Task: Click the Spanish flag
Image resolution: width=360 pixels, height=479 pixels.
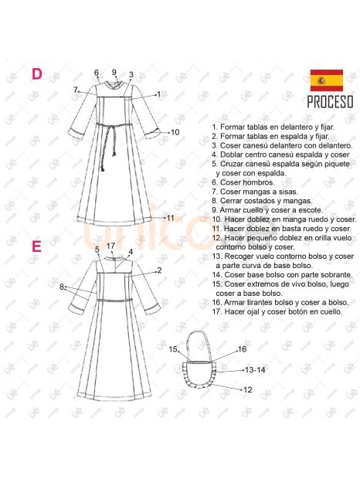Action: click(x=327, y=80)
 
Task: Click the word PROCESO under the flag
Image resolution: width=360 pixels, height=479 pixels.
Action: click(x=330, y=102)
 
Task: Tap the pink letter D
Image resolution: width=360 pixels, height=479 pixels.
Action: click(x=37, y=74)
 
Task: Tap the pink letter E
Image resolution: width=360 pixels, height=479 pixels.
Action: click(x=36, y=246)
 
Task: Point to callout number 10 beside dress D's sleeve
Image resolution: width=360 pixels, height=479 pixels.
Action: click(x=175, y=132)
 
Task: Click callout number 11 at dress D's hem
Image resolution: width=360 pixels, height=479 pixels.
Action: click(x=171, y=218)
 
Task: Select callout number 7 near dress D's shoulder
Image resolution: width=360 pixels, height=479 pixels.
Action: click(x=75, y=90)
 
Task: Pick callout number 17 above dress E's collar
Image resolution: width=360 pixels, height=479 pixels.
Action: click(x=110, y=246)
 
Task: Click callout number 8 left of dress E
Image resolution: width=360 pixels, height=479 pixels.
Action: click(x=61, y=287)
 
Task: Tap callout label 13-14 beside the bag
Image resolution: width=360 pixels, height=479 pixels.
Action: click(x=255, y=370)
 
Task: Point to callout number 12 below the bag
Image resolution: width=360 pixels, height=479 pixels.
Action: click(x=248, y=390)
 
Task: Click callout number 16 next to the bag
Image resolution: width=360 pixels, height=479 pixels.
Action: click(x=242, y=349)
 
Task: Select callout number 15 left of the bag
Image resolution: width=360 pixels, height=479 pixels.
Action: click(x=173, y=349)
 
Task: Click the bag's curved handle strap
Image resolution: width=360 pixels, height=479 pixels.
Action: click(x=199, y=331)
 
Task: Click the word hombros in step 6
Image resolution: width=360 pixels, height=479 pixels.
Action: click(x=263, y=182)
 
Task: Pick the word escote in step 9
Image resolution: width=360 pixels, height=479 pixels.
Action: click(x=311, y=210)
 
